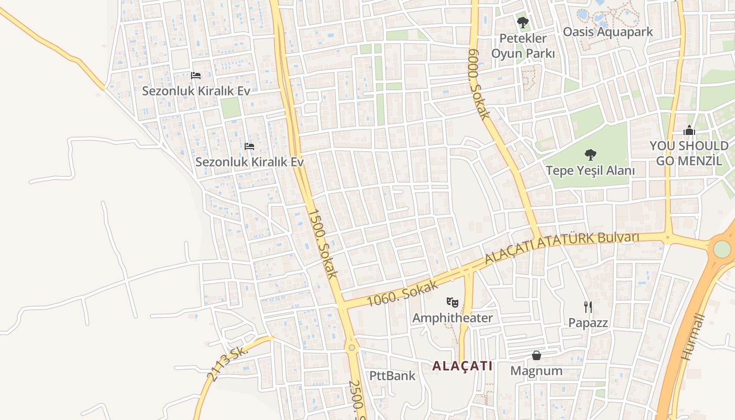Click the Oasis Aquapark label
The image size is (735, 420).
tap(607, 31)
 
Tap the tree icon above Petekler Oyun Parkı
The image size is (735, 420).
tap(522, 23)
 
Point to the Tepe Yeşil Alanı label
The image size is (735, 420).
tap(590, 171)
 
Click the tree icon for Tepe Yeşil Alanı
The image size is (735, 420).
tap(591, 155)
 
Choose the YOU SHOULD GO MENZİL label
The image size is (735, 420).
tap(689, 153)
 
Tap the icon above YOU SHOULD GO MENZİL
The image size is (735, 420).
tap(689, 131)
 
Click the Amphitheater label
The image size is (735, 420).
tap(452, 318)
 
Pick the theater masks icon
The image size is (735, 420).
tap(452, 302)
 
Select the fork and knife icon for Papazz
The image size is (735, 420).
tap(588, 307)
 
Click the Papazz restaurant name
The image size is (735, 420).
tap(588, 322)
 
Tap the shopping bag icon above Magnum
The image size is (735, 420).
tap(536, 355)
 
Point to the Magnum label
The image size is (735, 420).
tap(536, 371)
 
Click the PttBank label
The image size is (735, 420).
tap(392, 375)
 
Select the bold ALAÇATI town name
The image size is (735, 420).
tap(462, 366)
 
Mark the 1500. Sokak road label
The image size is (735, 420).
tap(322, 243)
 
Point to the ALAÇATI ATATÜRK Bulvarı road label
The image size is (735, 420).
tap(562, 247)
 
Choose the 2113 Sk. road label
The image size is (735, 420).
tap(227, 363)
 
